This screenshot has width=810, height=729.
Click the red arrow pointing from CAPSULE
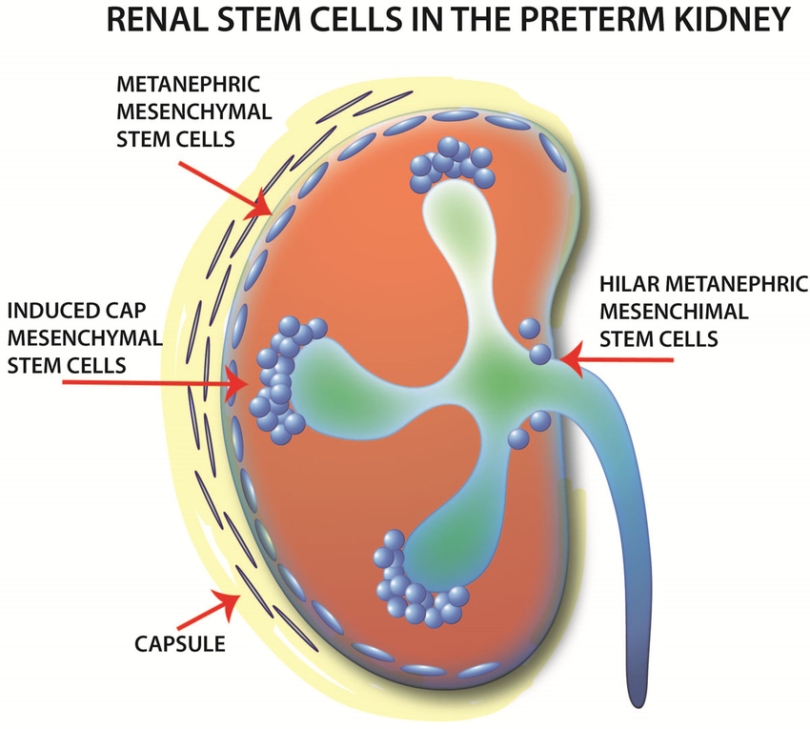(x=225, y=600)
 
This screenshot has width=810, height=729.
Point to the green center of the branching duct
(x=489, y=378)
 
